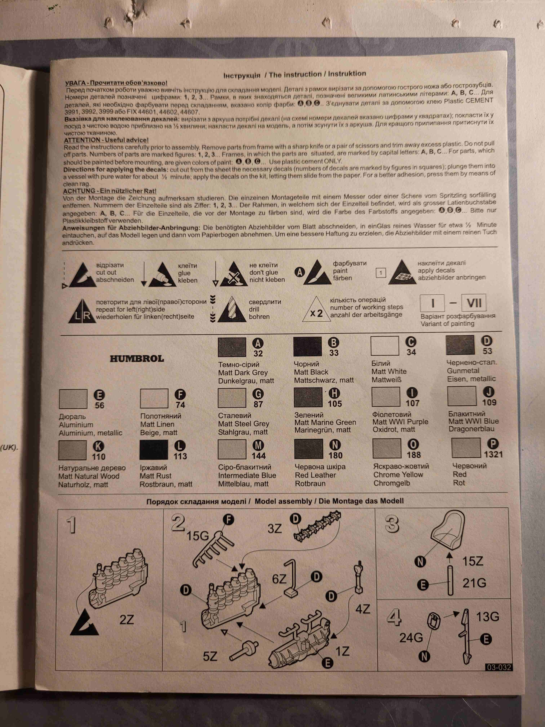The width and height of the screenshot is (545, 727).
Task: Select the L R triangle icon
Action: (82, 311)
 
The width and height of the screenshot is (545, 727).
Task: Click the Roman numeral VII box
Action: (474, 303)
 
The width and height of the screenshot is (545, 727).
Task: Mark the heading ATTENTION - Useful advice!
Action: (106, 140)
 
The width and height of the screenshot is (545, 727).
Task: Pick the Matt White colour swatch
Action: (385, 346)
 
